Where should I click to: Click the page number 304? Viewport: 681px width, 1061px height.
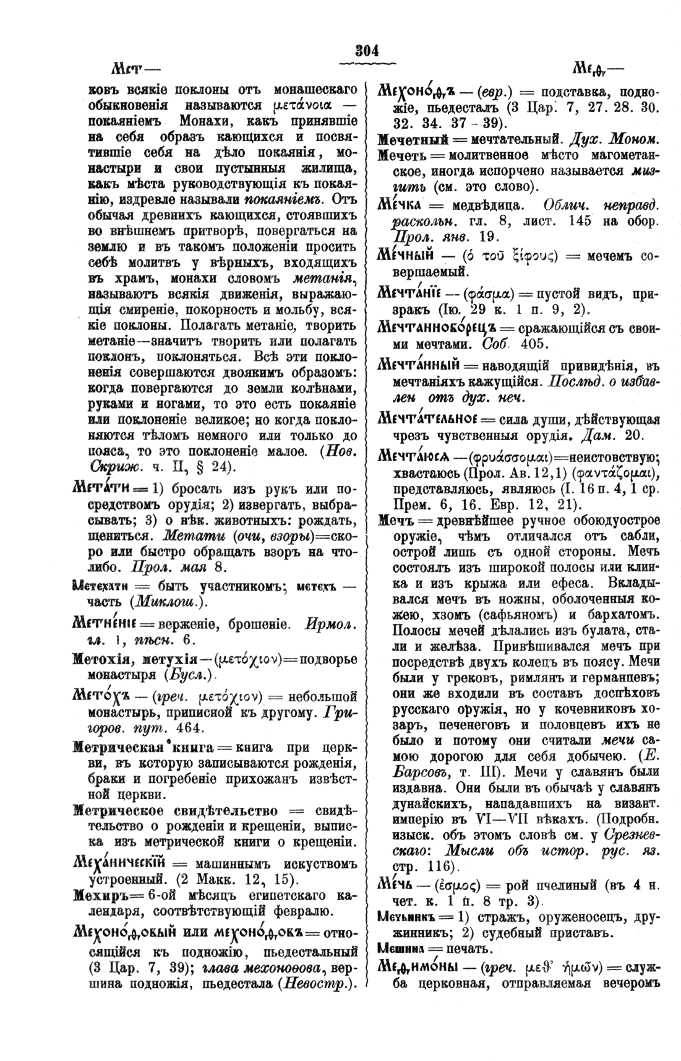point(367,50)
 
